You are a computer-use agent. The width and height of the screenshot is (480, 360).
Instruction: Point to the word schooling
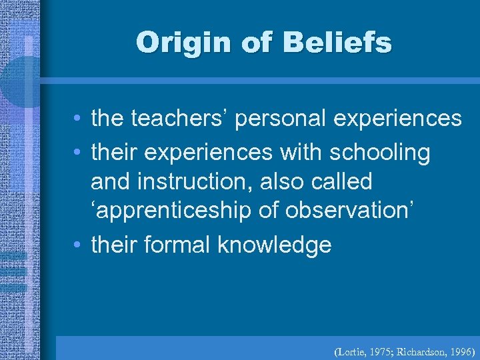(380, 153)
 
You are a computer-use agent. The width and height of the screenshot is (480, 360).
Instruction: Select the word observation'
(348, 211)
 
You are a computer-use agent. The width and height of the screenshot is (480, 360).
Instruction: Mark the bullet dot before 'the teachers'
(78, 119)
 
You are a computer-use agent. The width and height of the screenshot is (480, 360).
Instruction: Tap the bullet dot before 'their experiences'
(78, 153)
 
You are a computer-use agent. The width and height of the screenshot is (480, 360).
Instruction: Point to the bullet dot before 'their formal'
(78, 245)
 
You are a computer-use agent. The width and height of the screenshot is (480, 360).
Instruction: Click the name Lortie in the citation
(348, 349)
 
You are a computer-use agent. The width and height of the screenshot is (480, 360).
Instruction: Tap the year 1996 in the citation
(460, 349)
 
